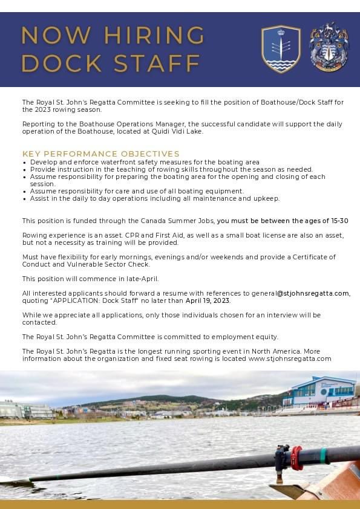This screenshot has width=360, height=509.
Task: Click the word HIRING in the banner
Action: click(x=154, y=35)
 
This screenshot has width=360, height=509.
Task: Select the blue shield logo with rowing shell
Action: click(x=281, y=48)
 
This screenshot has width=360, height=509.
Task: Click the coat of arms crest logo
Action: click(x=329, y=47)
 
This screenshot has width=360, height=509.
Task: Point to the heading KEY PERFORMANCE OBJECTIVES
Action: click(x=101, y=154)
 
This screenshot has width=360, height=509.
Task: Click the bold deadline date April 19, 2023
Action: click(x=208, y=300)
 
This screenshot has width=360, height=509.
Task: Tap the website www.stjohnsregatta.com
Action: click(x=290, y=358)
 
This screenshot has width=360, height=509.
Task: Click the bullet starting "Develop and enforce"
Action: click(x=145, y=162)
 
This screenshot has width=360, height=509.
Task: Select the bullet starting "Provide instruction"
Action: click(x=171, y=169)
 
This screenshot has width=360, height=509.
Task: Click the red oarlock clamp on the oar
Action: click(x=296, y=458)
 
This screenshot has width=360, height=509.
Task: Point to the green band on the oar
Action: click(x=325, y=455)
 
